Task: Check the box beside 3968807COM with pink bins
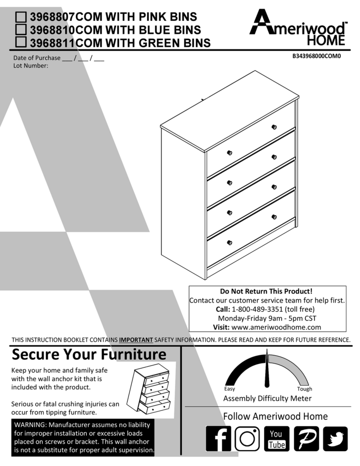(x=20, y=17)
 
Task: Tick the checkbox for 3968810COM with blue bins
(x=20, y=30)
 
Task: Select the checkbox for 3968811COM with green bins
(x=20, y=43)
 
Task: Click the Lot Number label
(x=31, y=66)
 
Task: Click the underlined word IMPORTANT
(x=136, y=340)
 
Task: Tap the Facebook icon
(x=218, y=439)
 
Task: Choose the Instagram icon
(x=247, y=439)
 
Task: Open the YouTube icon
(x=276, y=439)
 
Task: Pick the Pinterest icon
(x=306, y=439)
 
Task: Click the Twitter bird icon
(x=335, y=439)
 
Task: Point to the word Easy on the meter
(x=229, y=389)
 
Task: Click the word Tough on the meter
(x=305, y=389)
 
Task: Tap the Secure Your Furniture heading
(x=89, y=355)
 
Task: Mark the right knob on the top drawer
(x=274, y=127)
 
